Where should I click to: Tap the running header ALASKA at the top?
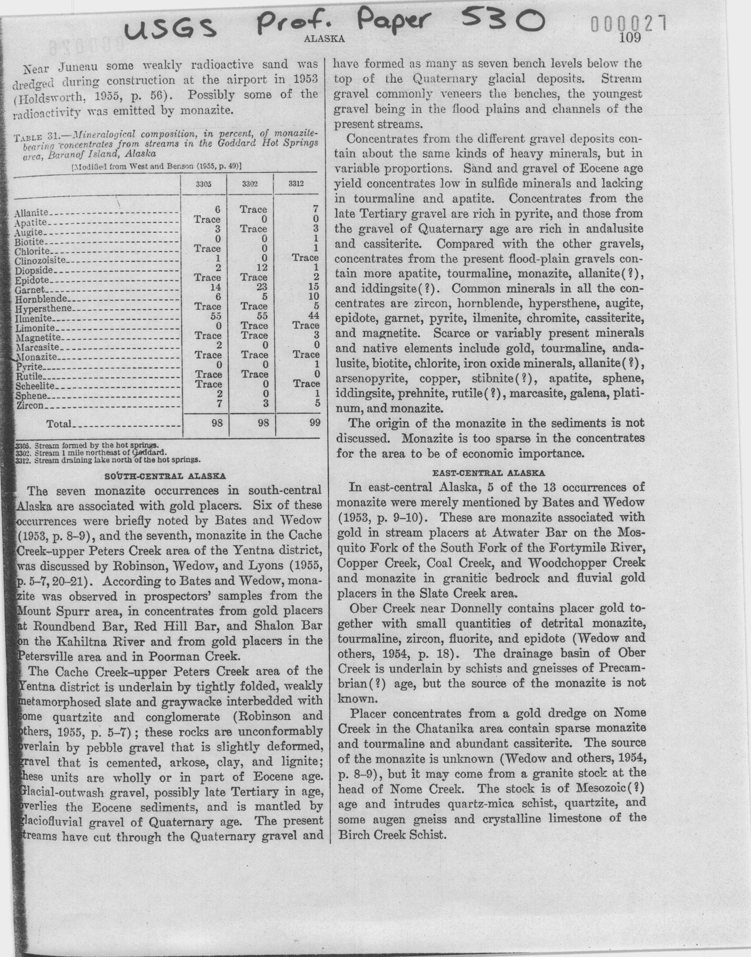[x=324, y=39]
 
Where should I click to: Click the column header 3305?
[x=203, y=184]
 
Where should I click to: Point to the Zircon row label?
[x=30, y=406]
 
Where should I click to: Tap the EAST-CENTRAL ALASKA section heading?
[x=489, y=473]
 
